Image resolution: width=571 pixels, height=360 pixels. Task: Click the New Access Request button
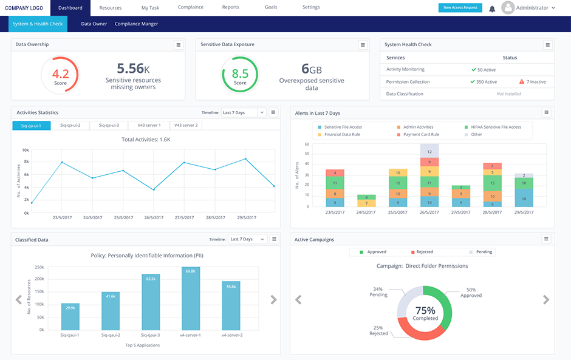point(460,8)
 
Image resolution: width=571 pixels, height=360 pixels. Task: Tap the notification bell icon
point(492,8)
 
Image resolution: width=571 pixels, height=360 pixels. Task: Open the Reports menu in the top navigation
point(230,8)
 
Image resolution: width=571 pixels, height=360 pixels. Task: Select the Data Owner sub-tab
point(94,24)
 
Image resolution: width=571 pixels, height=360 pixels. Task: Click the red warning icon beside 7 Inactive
point(522,81)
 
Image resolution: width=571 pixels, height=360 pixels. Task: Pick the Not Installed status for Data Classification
point(509,94)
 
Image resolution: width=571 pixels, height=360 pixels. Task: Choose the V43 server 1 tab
point(150,125)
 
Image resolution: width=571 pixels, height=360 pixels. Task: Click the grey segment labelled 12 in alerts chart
point(429,151)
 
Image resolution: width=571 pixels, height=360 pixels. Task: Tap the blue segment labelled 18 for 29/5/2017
point(524,198)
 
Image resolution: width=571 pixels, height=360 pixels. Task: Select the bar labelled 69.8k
point(190,299)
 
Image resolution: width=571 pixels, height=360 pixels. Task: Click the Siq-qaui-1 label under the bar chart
point(70,335)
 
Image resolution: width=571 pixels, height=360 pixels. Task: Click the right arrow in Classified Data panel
point(273,300)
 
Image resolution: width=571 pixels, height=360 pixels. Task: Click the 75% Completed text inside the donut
point(426,313)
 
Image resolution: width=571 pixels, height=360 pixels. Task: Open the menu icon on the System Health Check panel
point(547,44)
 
